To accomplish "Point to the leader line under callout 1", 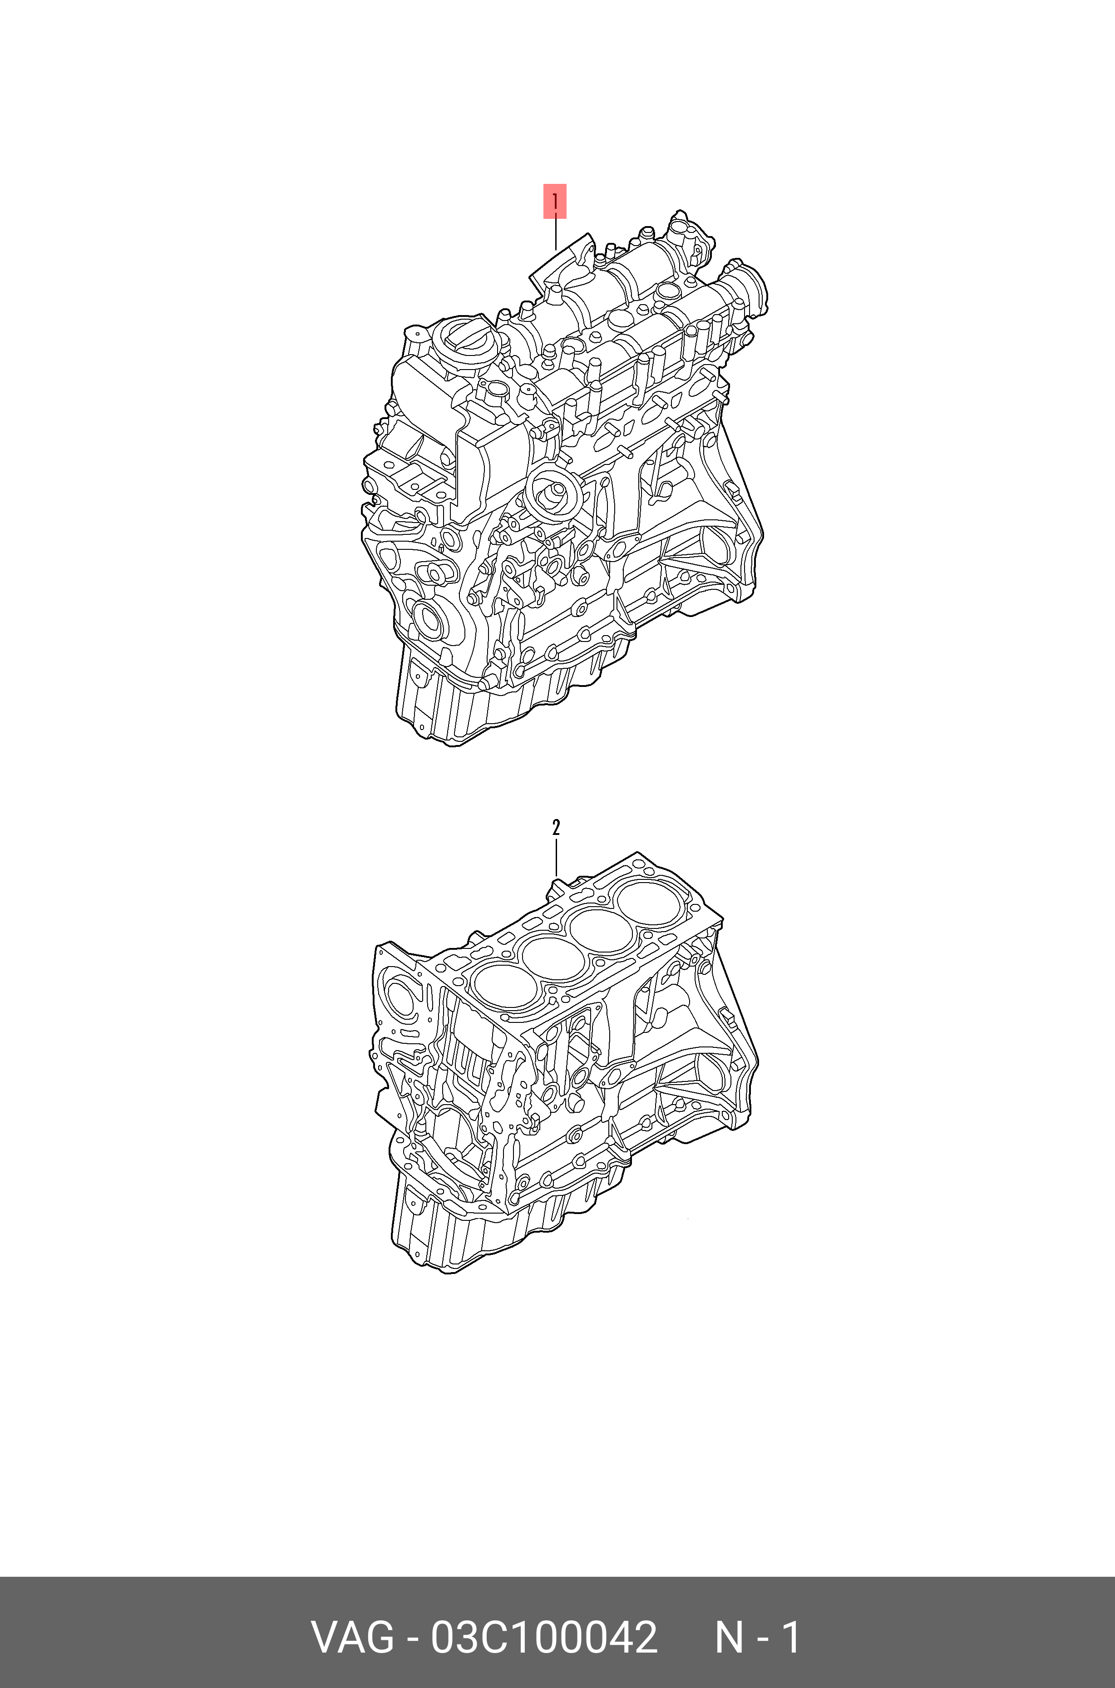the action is [555, 234].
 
